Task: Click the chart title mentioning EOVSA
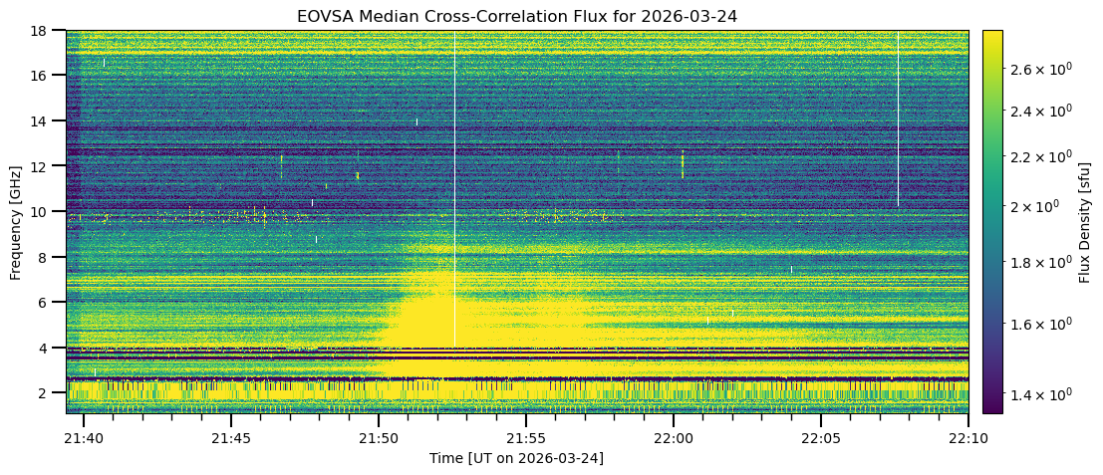[x=517, y=16]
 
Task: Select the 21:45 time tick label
[x=231, y=438]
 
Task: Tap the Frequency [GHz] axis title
[x=16, y=221]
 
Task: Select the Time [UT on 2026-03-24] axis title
[x=517, y=458]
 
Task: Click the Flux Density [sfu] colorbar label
[x=1085, y=221]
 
